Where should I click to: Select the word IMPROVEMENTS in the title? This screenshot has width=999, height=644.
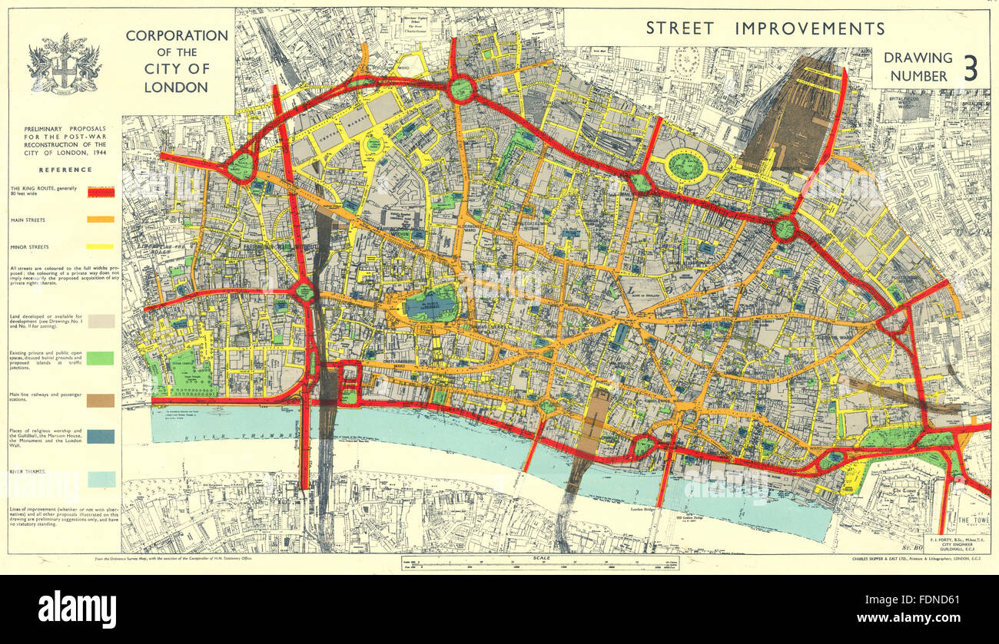pyautogui.click(x=810, y=28)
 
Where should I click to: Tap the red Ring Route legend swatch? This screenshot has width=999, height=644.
pyautogui.click(x=101, y=192)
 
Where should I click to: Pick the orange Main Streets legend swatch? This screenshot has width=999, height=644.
pyautogui.click(x=101, y=220)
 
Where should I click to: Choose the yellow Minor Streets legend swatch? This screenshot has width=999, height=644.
pyautogui.click(x=101, y=246)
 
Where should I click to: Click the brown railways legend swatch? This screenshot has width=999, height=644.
pyautogui.click(x=101, y=400)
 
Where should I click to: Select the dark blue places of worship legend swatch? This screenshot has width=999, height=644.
pyautogui.click(x=101, y=436)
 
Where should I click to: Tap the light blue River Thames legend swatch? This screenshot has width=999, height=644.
pyautogui.click(x=101, y=479)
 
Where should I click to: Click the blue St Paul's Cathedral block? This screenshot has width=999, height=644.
pyautogui.click(x=431, y=303)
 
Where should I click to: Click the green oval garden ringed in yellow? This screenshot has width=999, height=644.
pyautogui.click(x=685, y=165)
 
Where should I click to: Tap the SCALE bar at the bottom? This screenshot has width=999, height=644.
pyautogui.click(x=529, y=563)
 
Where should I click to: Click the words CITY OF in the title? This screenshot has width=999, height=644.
pyautogui.click(x=178, y=70)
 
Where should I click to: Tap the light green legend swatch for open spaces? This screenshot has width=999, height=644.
pyautogui.click(x=101, y=358)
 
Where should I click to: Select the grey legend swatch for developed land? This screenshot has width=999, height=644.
pyautogui.click(x=101, y=321)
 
